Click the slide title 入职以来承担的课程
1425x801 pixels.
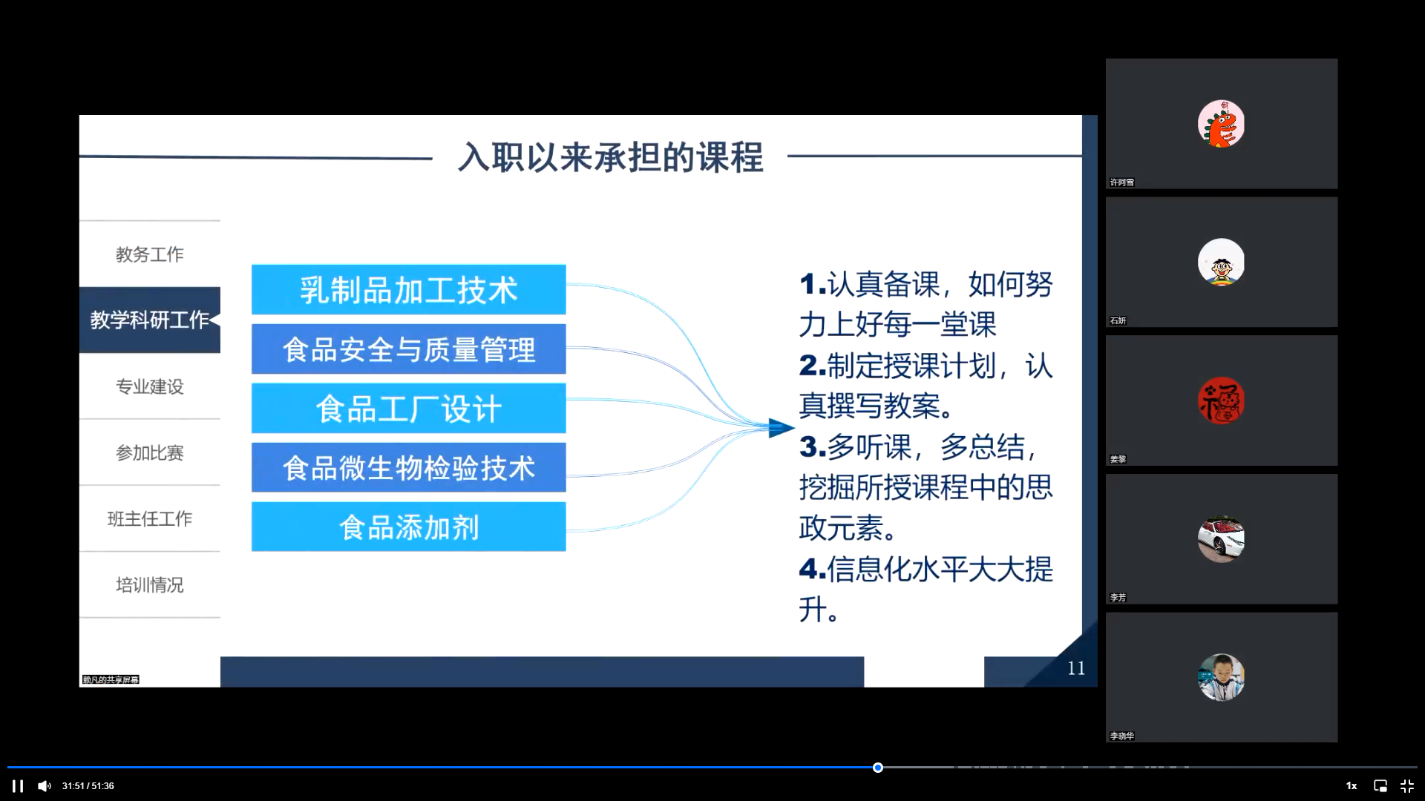(610, 157)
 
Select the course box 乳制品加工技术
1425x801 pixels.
(408, 289)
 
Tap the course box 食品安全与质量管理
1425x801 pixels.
(408, 349)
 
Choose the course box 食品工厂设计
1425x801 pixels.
(408, 408)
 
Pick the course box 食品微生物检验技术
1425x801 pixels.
(408, 467)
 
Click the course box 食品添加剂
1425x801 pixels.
(408, 527)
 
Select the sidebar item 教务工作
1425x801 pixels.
(149, 254)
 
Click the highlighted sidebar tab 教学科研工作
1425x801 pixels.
(149, 320)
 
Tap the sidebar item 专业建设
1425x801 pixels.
(149, 386)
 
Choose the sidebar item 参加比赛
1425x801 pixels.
(149, 452)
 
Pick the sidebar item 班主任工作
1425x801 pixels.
(149, 518)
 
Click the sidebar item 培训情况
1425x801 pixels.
(149, 584)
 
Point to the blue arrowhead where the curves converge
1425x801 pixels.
(781, 428)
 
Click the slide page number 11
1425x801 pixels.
(1076, 668)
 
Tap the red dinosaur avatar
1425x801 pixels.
(1221, 124)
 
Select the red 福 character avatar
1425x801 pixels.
(1221, 400)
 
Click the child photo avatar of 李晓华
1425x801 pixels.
(1221, 677)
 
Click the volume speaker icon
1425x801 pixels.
(45, 786)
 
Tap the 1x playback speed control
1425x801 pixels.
(1352, 786)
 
